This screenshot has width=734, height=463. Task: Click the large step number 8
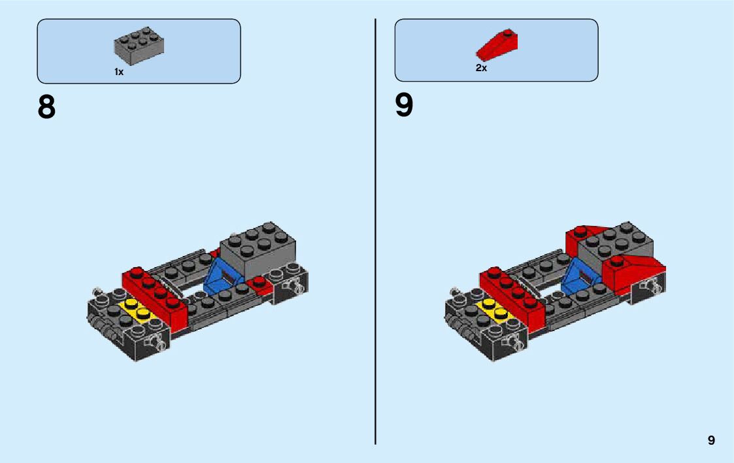click(x=46, y=107)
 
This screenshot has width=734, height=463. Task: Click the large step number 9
click(x=404, y=105)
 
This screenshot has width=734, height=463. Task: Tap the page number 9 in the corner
click(x=711, y=440)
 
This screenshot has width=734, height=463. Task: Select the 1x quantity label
click(x=119, y=72)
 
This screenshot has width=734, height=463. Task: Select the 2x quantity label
click(x=481, y=68)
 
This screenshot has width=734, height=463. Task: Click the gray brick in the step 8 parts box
click(x=139, y=45)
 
